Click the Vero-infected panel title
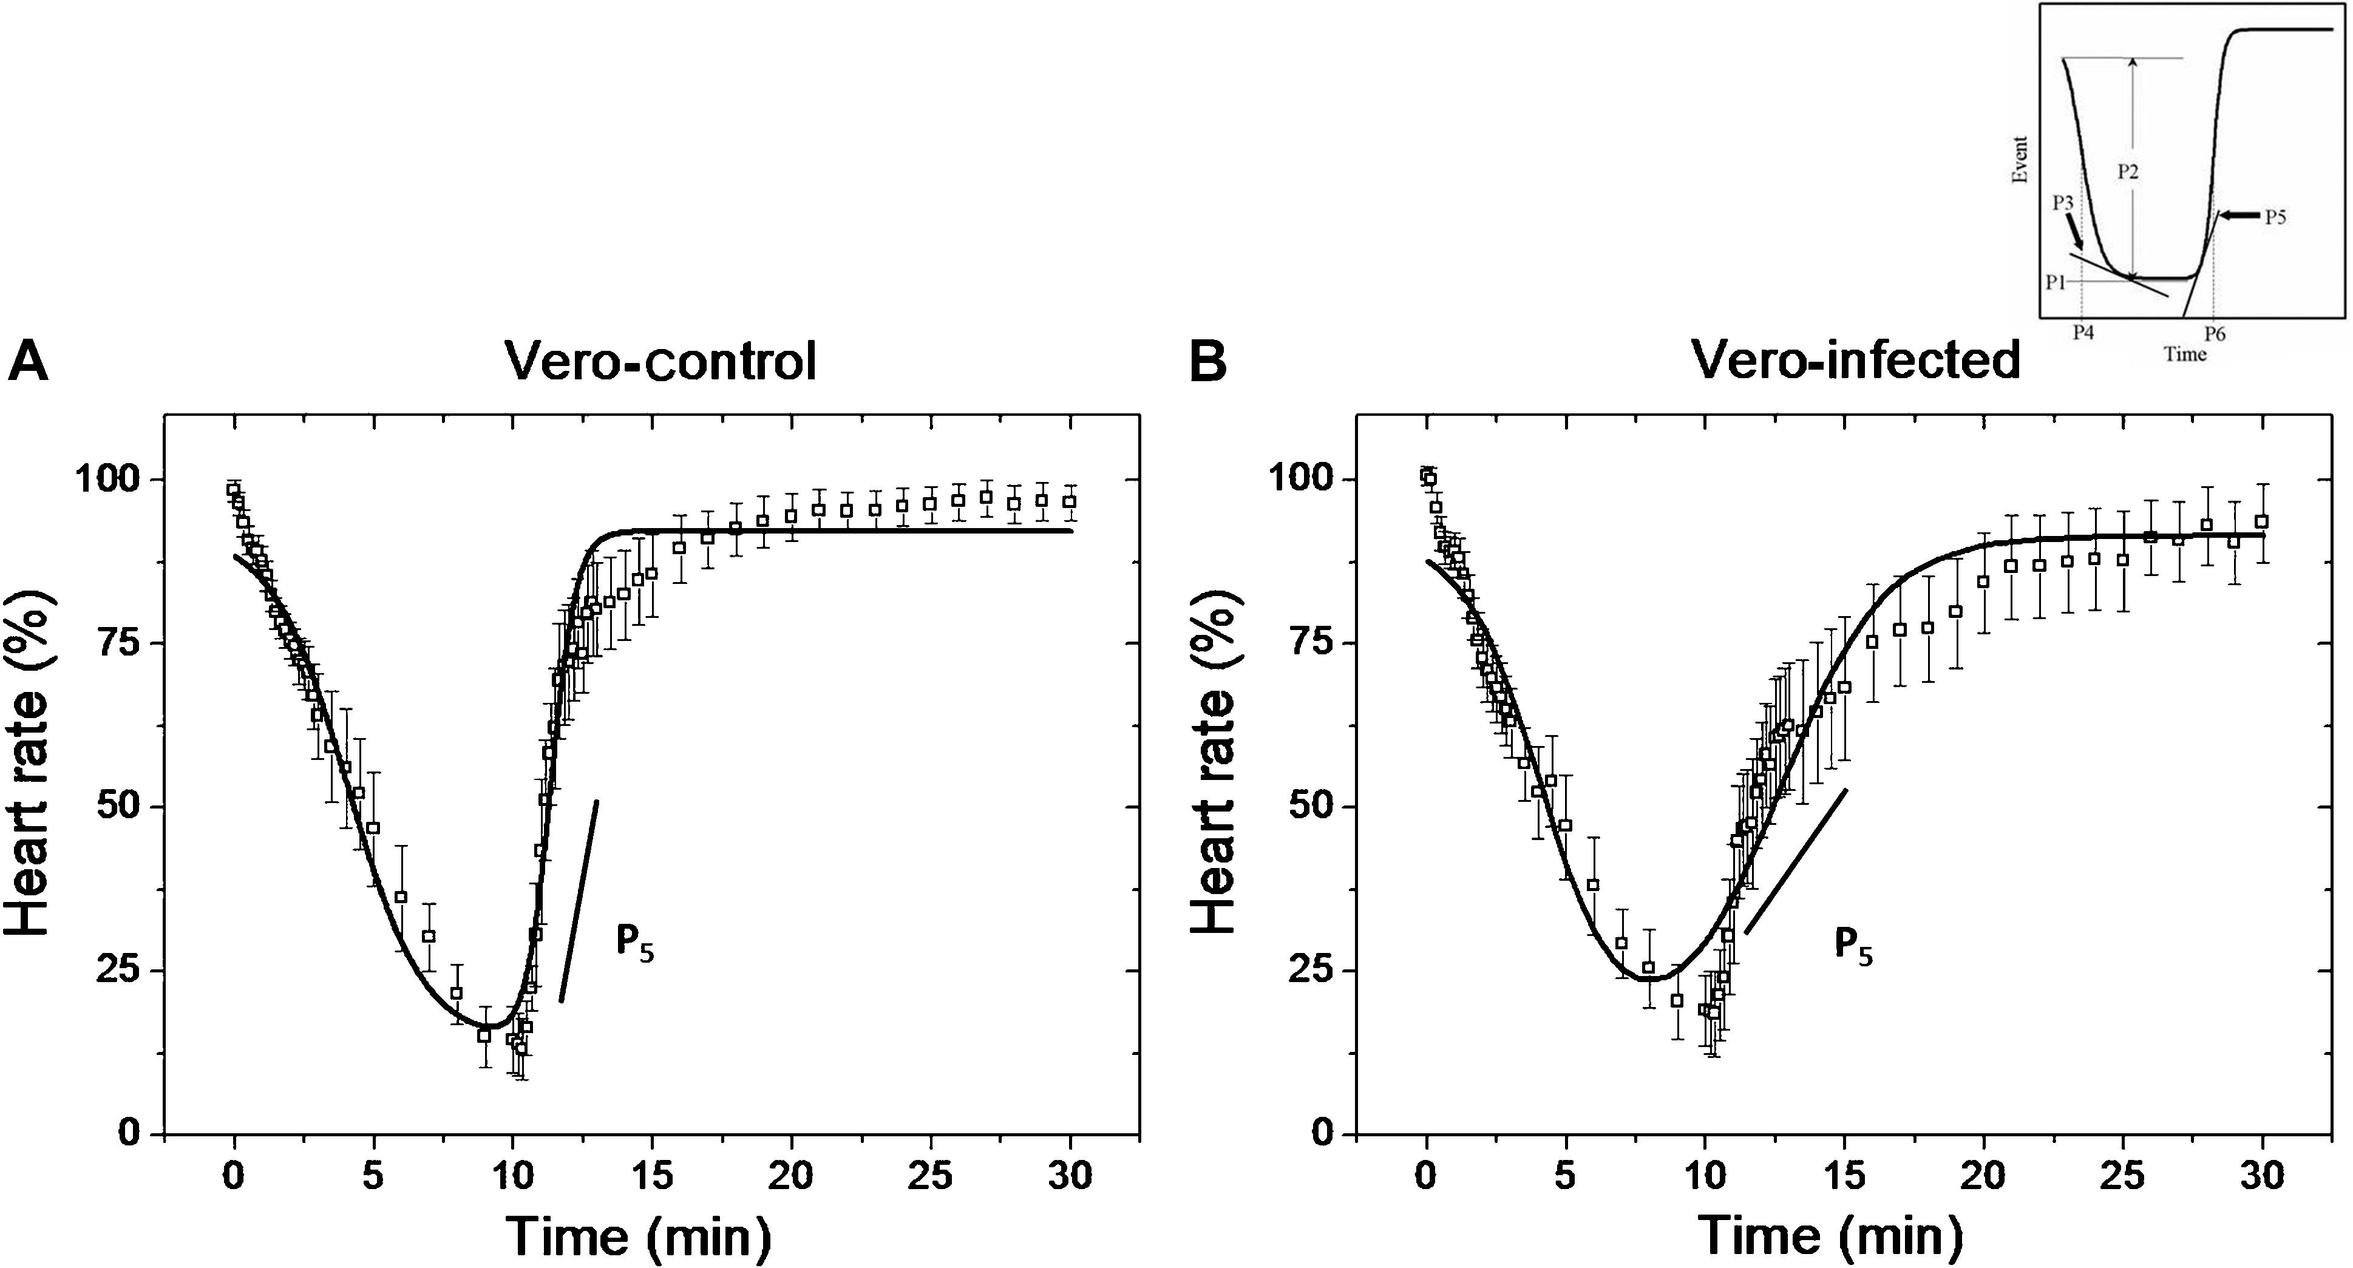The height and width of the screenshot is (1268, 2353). pyautogui.click(x=1855, y=360)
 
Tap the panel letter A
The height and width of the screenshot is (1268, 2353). pyautogui.click(x=27, y=364)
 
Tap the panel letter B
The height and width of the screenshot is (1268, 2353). pyautogui.click(x=1207, y=364)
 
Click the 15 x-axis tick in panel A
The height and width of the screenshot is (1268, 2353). pyautogui.click(x=652, y=1176)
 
